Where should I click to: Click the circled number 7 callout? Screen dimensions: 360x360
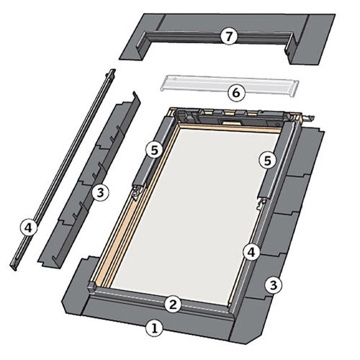pos(229,37)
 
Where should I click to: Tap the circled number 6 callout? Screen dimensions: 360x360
pos(236,93)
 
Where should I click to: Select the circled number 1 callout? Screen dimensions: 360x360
pos(155,328)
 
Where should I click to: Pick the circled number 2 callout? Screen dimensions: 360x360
pos(173,305)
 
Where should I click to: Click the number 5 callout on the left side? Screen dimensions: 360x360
pos(154,150)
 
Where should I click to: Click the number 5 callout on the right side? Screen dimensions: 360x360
pos(267,161)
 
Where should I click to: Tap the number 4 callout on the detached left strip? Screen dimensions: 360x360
pos(29,228)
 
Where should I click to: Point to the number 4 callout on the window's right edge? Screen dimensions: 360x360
pos(251,252)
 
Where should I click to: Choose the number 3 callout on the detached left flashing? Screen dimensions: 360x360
pos(100,192)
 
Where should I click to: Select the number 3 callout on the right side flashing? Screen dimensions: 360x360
pos(274,285)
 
